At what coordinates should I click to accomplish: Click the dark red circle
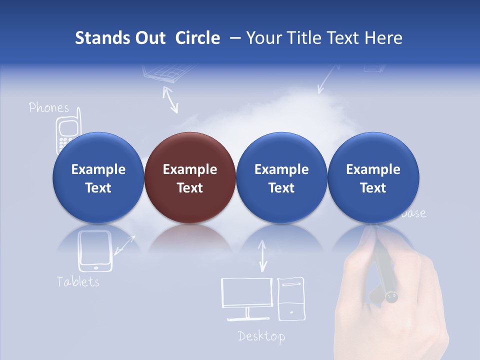pyautogui.click(x=189, y=178)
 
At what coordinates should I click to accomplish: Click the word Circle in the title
pyautogui.click(x=197, y=38)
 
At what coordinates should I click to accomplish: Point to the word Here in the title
pyautogui.click(x=384, y=38)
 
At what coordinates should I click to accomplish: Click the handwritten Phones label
pyautogui.click(x=48, y=107)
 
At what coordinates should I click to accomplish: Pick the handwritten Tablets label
pyautogui.click(x=78, y=281)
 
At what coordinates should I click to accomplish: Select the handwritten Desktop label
pyautogui.click(x=261, y=336)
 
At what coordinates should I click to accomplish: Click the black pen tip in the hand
pyautogui.click(x=391, y=297)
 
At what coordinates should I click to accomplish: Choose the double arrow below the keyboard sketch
pyautogui.click(x=171, y=99)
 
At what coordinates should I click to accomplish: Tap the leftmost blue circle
pyautogui.click(x=98, y=178)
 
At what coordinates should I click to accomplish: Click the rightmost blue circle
pyautogui.click(x=373, y=178)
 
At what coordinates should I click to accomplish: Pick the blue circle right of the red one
pyautogui.click(x=281, y=178)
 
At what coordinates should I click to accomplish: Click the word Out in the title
pyautogui.click(x=149, y=38)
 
